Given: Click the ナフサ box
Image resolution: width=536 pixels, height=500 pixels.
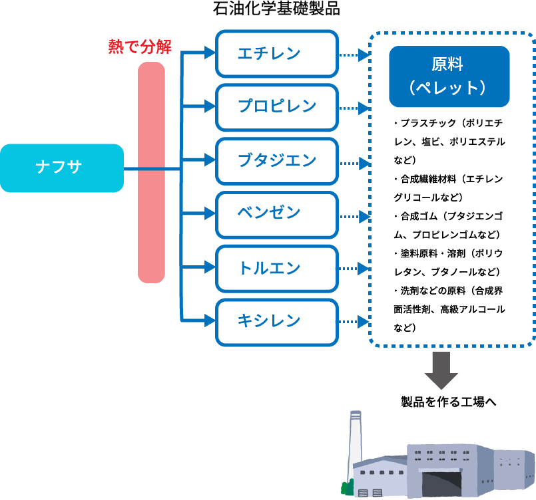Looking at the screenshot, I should click(61, 168).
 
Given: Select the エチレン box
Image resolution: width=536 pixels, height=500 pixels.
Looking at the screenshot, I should click(276, 53).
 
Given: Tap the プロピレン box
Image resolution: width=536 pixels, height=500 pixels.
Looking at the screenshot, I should click(276, 106).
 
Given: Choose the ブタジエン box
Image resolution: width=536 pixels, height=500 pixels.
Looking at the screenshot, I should click(276, 160).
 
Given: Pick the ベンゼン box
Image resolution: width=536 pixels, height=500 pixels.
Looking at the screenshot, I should click(276, 214).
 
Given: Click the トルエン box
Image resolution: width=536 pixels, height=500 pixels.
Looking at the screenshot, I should click(276, 268).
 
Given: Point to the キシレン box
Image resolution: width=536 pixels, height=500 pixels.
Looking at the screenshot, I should click(276, 322).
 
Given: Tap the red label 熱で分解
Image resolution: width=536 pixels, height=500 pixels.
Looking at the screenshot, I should click(140, 47).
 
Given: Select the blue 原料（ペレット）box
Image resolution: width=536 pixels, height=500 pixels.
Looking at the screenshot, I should click(449, 76).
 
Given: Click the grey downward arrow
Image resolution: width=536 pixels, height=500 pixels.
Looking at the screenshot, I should click(441, 370).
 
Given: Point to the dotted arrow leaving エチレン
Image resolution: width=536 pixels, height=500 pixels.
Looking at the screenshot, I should click(353, 55).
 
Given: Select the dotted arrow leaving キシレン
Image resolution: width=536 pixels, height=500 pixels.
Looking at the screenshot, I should click(353, 322).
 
